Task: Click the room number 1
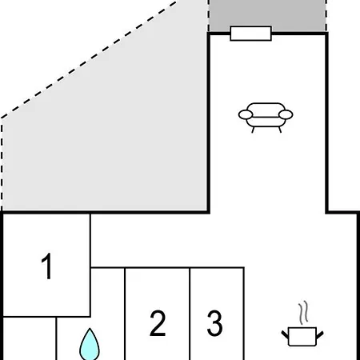click(x=47, y=266)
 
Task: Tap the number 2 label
click(x=158, y=322)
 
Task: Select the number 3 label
click(x=215, y=322)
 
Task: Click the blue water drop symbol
click(x=90, y=346)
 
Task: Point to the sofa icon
click(x=266, y=118)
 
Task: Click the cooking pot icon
click(x=302, y=337)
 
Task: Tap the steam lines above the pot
click(x=303, y=313)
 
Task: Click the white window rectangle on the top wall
click(x=250, y=34)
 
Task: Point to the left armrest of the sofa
click(x=246, y=114)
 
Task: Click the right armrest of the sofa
click(x=286, y=114)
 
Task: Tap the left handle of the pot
click(x=285, y=334)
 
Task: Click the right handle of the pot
click(x=320, y=335)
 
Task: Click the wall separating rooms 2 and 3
click(x=190, y=314)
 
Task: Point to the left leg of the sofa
click(x=253, y=130)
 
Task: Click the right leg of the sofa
click(x=280, y=130)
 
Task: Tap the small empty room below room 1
click(x=30, y=338)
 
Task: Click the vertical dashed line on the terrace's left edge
click(x=2, y=165)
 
